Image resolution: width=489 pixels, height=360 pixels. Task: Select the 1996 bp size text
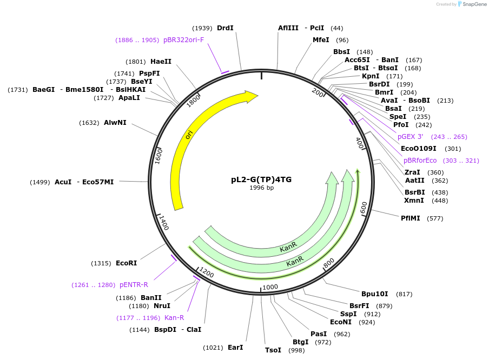[x=261, y=188]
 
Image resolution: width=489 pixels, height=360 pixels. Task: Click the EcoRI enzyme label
[x=126, y=263]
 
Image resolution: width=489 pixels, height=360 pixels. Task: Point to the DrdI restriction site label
[x=225, y=28]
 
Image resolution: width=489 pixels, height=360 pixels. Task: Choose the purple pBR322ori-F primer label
[x=183, y=40]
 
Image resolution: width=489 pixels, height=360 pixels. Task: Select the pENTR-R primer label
[x=134, y=285]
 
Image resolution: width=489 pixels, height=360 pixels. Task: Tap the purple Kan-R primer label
[x=174, y=318]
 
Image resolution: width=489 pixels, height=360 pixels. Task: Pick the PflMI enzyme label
[x=411, y=218]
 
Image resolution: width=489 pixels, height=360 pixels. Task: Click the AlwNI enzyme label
[x=115, y=123]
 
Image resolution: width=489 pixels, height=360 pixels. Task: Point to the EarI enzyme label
[x=235, y=348]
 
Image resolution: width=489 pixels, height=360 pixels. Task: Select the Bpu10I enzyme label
[x=375, y=294]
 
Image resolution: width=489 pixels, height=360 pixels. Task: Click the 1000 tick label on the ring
[x=270, y=287]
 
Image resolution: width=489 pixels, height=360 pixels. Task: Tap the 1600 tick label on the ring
[x=158, y=156]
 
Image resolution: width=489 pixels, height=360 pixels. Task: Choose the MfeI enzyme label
[x=321, y=40]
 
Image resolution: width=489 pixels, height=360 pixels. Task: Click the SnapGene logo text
[x=474, y=4]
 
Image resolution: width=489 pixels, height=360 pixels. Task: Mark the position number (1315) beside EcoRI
[x=102, y=263]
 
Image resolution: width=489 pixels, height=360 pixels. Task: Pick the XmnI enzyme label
[x=414, y=201]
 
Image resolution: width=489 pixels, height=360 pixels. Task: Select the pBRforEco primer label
[x=420, y=161]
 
